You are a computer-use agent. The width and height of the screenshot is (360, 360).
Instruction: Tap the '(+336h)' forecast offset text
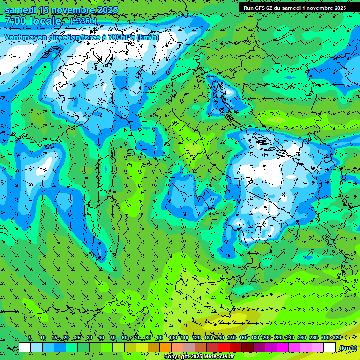83,21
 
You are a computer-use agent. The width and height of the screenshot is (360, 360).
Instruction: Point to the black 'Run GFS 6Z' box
294,7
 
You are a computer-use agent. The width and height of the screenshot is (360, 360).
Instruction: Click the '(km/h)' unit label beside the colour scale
348,348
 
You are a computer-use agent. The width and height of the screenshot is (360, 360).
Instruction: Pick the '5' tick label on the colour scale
30,338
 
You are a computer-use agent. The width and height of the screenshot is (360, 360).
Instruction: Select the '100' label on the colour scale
173,338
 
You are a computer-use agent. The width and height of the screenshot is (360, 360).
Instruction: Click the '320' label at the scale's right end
337,338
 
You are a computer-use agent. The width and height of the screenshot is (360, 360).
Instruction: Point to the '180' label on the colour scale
255,338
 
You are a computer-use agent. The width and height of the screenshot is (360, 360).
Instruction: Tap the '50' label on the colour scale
113,338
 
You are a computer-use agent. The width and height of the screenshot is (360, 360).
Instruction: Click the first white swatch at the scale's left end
25,347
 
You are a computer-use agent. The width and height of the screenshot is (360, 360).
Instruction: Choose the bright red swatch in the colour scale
224,347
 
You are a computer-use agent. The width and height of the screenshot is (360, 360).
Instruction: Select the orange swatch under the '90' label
165,347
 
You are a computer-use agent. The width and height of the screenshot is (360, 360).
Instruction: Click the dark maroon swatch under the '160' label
247,347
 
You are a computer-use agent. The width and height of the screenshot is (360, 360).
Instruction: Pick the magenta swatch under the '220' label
283,347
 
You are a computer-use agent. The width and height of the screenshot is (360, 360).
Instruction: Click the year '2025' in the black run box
337,7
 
